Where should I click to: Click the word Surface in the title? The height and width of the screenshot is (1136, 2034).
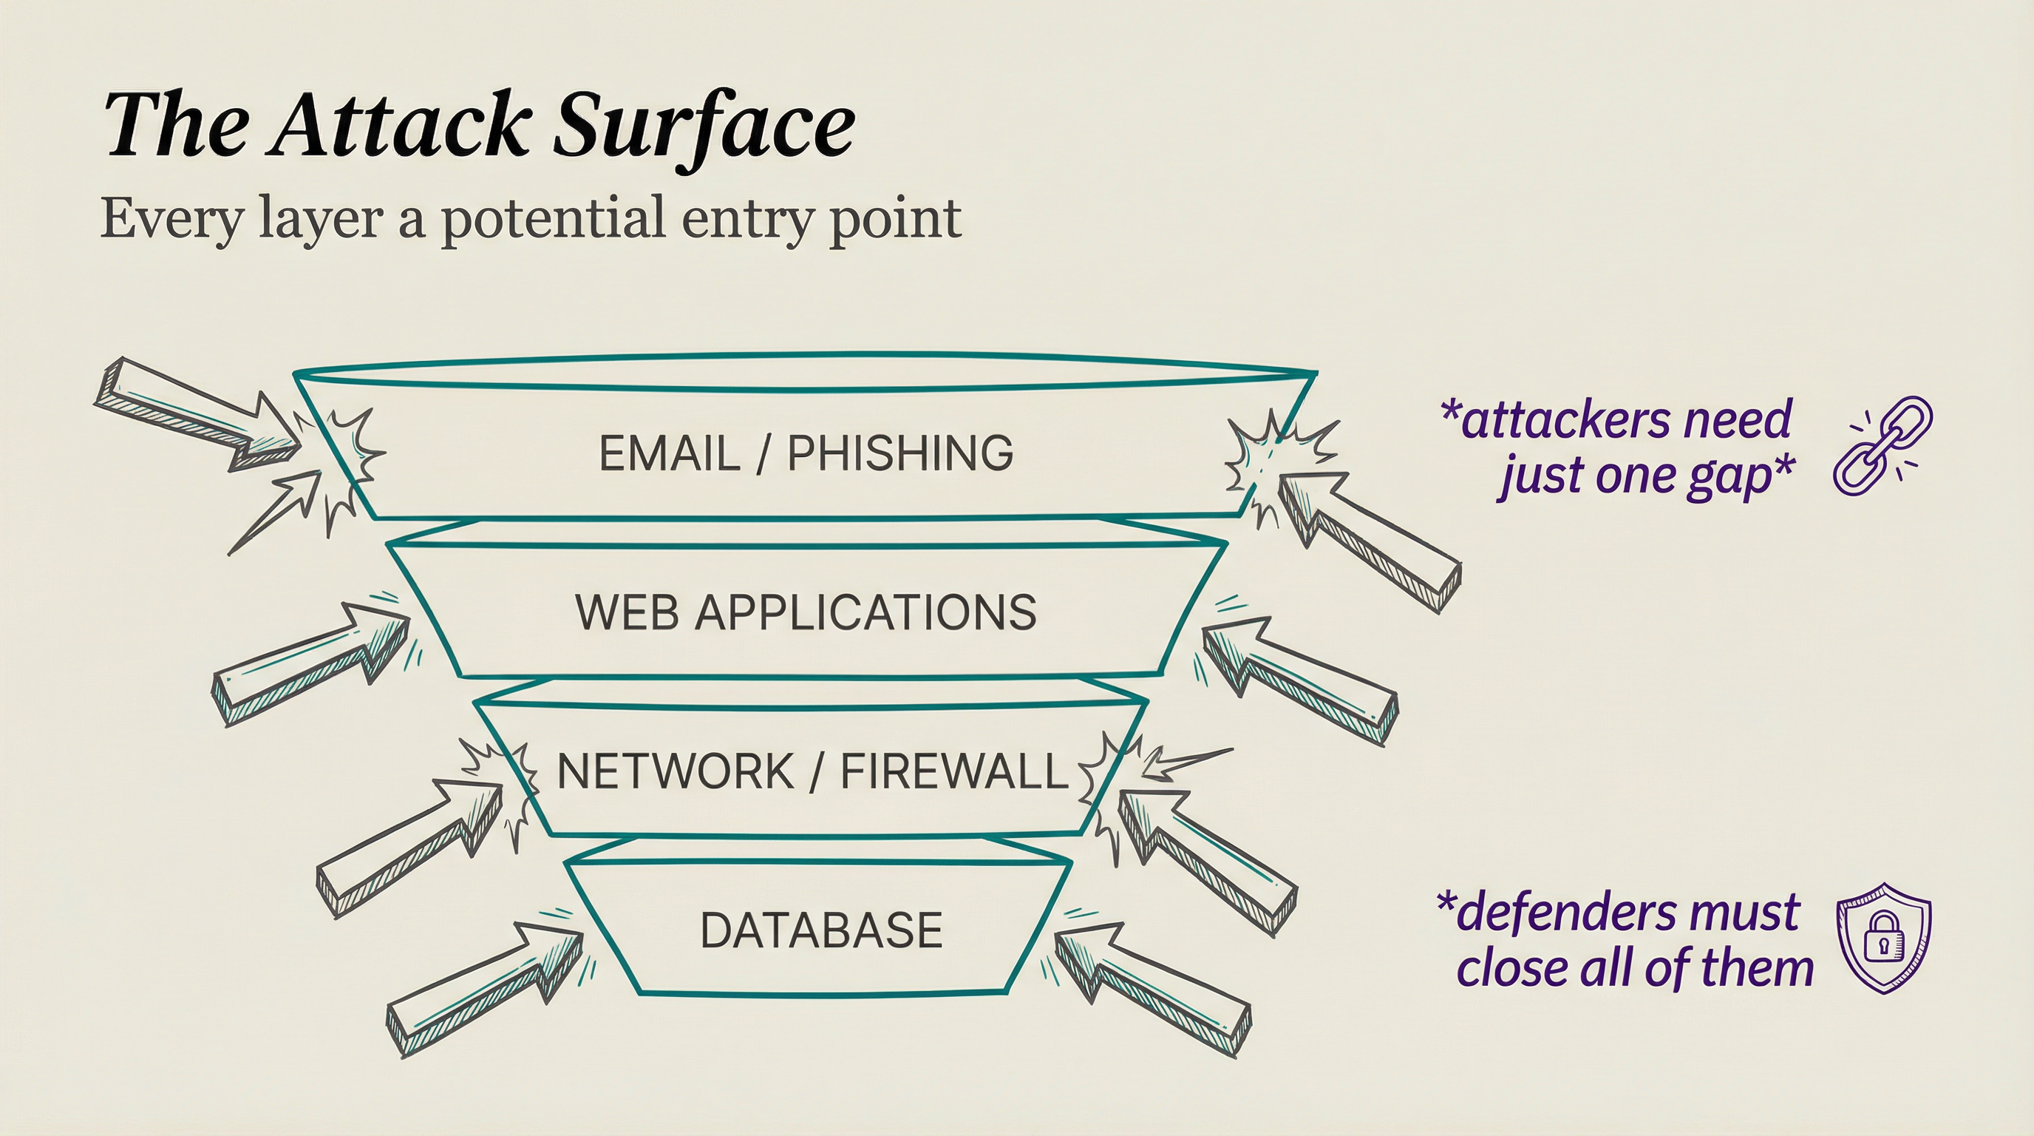[703, 126]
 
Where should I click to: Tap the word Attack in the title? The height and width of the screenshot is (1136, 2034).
[399, 126]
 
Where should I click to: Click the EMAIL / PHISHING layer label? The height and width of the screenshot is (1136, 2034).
[806, 453]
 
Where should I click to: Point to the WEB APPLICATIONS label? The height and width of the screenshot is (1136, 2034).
[806, 612]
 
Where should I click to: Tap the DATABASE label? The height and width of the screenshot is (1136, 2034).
[821, 930]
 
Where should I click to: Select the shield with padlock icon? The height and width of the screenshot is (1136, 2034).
[1884, 937]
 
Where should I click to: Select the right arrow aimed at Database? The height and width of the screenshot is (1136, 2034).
[1153, 987]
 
